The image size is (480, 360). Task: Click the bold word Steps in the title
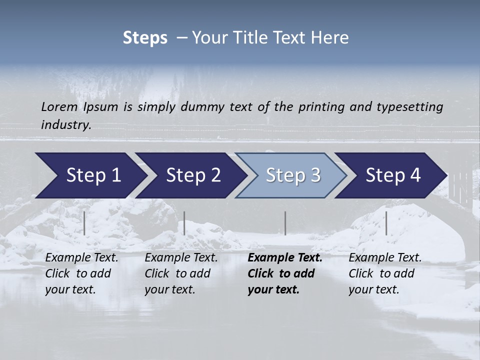click(x=145, y=38)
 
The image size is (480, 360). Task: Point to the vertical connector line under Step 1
click(x=84, y=223)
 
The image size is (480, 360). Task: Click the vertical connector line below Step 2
click(x=184, y=223)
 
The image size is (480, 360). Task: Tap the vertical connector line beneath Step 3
click(x=285, y=223)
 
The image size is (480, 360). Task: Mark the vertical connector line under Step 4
click(x=386, y=223)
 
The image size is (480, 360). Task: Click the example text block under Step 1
click(x=81, y=273)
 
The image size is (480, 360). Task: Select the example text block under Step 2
click(x=181, y=273)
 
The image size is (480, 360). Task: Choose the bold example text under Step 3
click(x=285, y=273)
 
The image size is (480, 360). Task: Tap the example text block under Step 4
click(x=385, y=273)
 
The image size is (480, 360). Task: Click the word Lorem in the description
click(x=59, y=106)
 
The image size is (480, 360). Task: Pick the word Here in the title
click(x=331, y=38)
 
